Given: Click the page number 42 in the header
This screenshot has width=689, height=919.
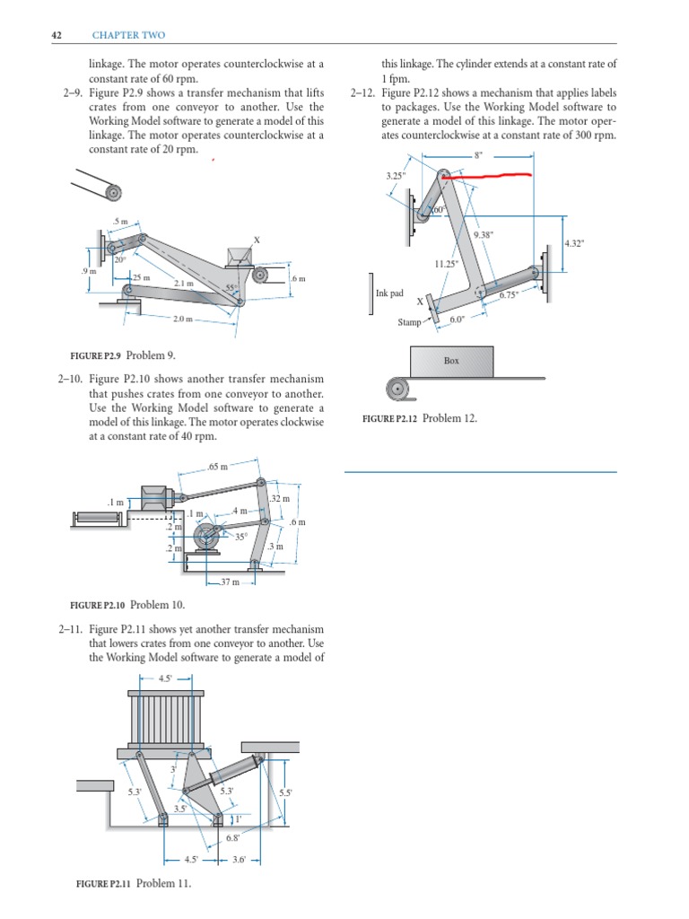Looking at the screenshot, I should point(57,35).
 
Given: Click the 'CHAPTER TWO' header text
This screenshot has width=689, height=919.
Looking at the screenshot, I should point(129,35).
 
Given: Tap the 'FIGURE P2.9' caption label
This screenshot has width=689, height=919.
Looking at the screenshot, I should point(101,355).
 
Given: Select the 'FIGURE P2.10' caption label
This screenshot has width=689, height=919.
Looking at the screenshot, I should point(102,604).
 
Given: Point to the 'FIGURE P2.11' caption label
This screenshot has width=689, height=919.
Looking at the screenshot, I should point(102,884).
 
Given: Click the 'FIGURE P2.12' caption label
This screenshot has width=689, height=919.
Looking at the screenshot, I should point(388,418).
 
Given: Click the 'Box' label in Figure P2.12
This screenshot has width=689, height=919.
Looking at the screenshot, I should point(451,361).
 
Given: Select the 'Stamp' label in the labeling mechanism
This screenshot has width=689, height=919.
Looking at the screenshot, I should point(409,322).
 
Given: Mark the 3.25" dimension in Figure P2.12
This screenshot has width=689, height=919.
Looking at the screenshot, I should point(395,176).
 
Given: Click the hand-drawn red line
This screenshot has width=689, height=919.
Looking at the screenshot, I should point(497,177).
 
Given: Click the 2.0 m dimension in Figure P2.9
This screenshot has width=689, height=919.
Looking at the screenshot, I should point(183,319).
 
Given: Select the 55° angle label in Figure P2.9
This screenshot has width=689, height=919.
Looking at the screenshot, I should point(231,288).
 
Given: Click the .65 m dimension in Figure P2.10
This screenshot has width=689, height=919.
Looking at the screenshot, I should point(217,467).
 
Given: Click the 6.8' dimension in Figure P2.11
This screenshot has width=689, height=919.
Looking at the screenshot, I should point(231,838).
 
